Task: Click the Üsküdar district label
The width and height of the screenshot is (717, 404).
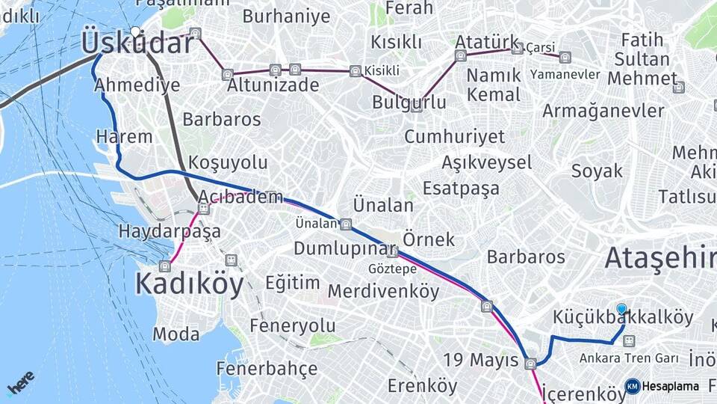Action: [137, 43]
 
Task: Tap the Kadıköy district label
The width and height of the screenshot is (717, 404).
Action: [190, 284]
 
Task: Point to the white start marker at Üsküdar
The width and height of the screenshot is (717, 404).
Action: [135, 31]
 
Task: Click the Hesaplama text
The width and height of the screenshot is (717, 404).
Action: [671, 387]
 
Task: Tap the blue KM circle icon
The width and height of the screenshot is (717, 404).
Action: [632, 386]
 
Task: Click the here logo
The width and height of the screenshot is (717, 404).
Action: [20, 384]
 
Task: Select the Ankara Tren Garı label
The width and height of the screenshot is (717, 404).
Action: [629, 358]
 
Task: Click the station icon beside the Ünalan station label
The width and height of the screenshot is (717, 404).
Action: [345, 224]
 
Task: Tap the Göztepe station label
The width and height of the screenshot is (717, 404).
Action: [392, 269]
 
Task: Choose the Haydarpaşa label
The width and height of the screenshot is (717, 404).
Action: [170, 231]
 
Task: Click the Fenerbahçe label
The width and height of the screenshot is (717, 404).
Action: [267, 369]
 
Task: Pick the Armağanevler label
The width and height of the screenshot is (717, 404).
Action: [603, 111]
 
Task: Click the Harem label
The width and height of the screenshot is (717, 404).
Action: [124, 137]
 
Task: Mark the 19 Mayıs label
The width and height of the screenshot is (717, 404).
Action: [482, 360]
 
